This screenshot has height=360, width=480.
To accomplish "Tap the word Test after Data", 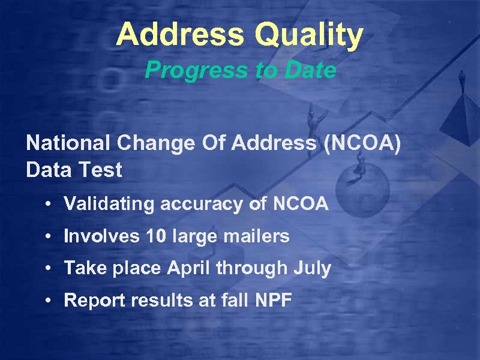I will pos(100,170).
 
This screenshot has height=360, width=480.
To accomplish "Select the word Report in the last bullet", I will pos(91,300).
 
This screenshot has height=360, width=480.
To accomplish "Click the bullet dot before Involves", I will pos(47,237).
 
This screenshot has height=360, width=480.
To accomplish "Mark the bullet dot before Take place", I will pos(47,269).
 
